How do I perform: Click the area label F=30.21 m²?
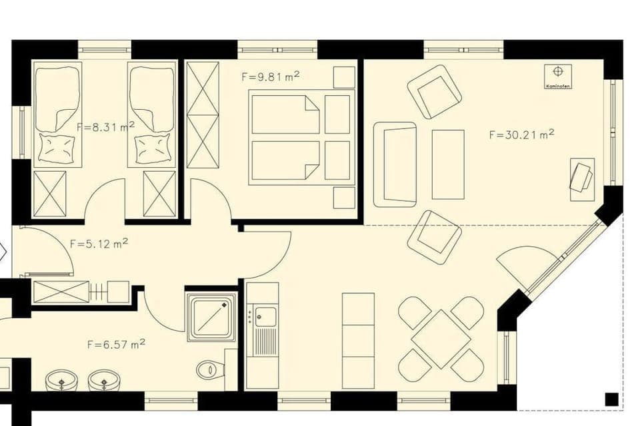(x=521, y=134)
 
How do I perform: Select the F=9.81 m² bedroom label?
(x=270, y=77)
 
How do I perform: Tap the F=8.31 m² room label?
(x=106, y=126)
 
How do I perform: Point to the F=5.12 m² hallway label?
(x=99, y=244)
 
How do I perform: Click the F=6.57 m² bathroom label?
(x=116, y=344)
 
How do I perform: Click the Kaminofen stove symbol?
(x=558, y=76)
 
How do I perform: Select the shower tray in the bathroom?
(x=211, y=318)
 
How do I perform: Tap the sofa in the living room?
(x=395, y=164)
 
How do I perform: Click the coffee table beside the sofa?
(x=448, y=164)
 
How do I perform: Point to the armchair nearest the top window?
(x=435, y=91)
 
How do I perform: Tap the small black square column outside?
(x=611, y=399)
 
